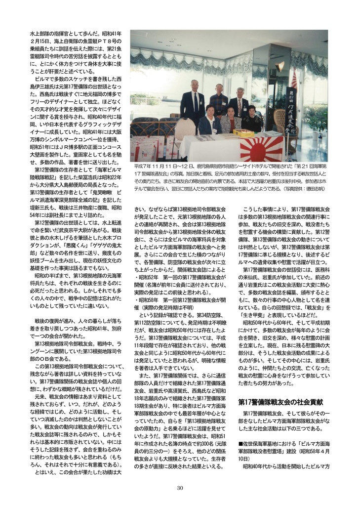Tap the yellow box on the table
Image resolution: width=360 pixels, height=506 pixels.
click(x=243, y=133)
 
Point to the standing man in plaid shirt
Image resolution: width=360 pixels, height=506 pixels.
click(x=218, y=101)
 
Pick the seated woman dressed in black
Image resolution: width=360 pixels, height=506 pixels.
click(x=251, y=121)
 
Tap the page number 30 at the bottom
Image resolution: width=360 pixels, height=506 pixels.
click(x=180, y=488)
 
